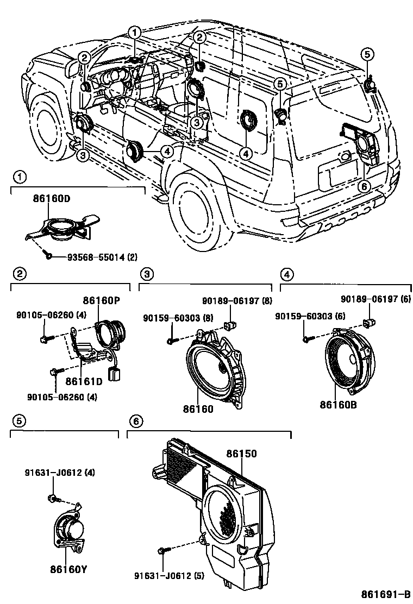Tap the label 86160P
[101, 300]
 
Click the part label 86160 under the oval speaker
[198, 408]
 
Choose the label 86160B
[338, 404]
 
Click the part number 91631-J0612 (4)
[59, 473]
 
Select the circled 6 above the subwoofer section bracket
[136, 420]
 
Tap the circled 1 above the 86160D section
[20, 177]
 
